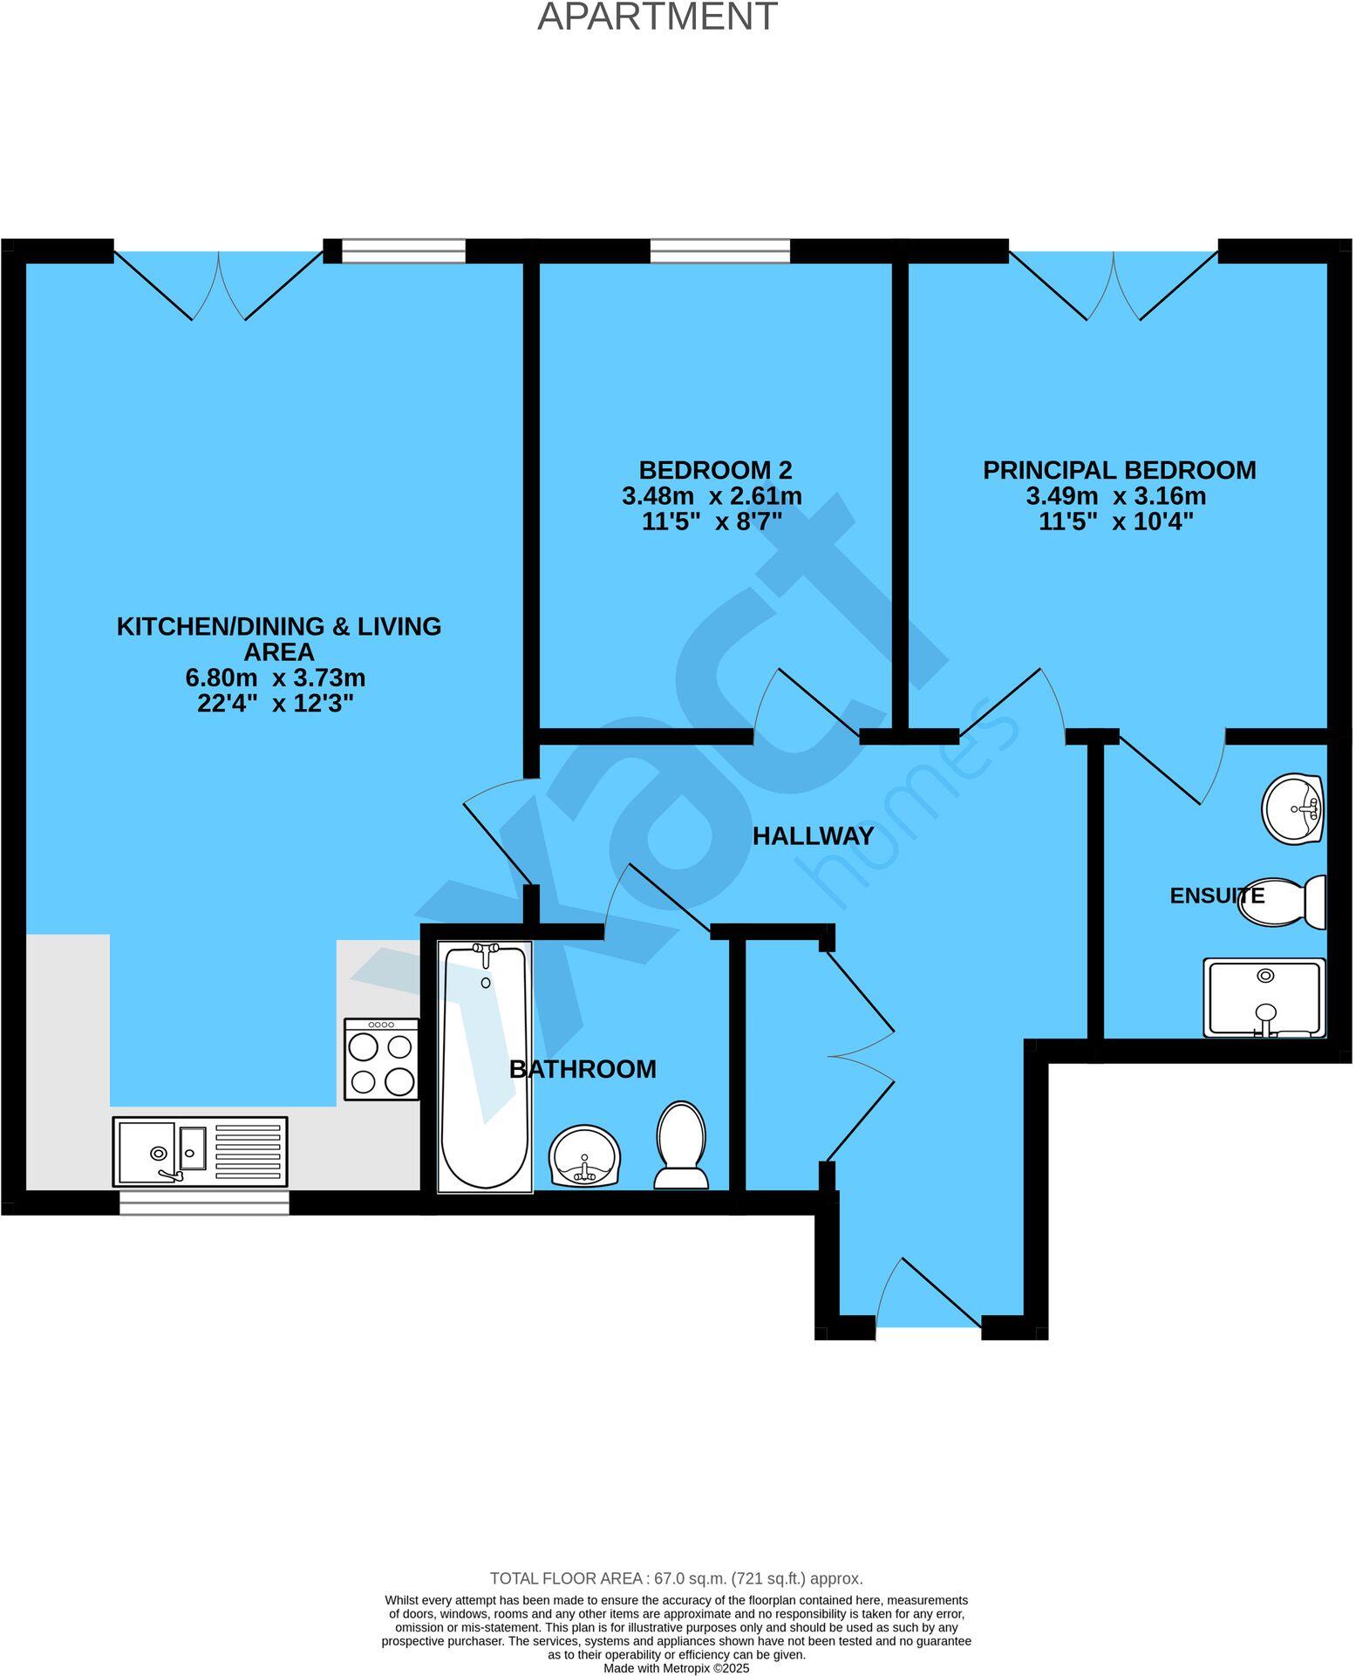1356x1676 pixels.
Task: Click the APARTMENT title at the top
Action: point(657,17)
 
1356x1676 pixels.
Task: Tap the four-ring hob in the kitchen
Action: point(381,1059)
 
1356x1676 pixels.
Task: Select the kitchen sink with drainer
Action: point(200,1151)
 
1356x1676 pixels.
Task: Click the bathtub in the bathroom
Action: point(485,1066)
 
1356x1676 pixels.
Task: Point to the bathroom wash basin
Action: point(583,1155)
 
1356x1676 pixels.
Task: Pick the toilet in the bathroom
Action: point(681,1145)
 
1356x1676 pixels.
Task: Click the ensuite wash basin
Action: point(1293,808)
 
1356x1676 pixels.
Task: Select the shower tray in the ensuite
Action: point(1264,998)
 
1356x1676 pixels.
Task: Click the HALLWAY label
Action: point(813,835)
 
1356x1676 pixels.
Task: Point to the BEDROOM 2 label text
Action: point(715,470)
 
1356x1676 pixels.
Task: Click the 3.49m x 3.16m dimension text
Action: point(1115,496)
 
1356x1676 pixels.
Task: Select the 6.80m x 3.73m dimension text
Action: point(276,678)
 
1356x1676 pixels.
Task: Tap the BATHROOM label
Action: point(583,1069)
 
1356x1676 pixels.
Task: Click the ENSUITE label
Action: point(1216,896)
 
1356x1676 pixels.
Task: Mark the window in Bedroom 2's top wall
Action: point(720,251)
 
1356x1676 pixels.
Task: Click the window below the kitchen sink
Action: point(204,1203)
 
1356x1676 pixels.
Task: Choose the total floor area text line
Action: point(676,1578)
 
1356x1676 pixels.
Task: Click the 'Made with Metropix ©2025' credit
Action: point(676,1668)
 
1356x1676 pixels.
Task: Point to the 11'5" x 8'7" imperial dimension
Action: point(712,522)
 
